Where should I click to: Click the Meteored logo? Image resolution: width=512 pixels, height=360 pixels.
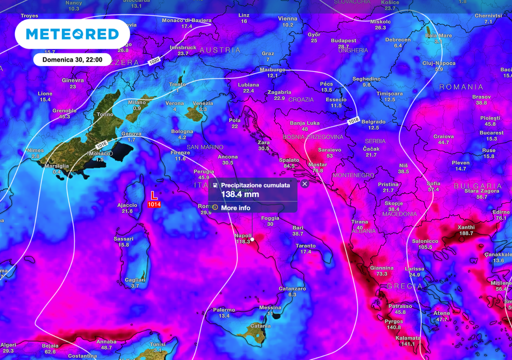pyautogui.click(x=72, y=34)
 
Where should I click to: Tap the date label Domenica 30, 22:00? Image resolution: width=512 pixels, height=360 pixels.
pyautogui.click(x=72, y=59)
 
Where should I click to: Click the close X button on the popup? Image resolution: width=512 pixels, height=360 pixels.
pyautogui.click(x=305, y=183)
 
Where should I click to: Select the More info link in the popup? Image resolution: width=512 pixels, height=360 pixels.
pyautogui.click(x=235, y=208)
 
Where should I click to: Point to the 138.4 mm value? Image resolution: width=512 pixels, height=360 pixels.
pyautogui.click(x=240, y=194)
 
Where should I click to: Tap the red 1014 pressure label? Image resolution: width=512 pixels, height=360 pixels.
pyautogui.click(x=154, y=204)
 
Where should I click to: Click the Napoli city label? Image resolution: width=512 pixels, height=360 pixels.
pyautogui.click(x=243, y=235)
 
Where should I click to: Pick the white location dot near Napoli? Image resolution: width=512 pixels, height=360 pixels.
pyautogui.click(x=252, y=239)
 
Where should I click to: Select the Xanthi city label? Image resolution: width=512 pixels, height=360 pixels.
pyautogui.click(x=465, y=227)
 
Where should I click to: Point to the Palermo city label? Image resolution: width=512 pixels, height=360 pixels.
pyautogui.click(x=223, y=309)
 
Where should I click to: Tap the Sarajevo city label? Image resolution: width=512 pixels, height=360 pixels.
pyautogui.click(x=329, y=149)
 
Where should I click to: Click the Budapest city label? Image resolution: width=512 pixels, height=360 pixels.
pyautogui.click(x=343, y=40)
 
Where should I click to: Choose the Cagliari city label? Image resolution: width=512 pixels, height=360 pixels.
pyautogui.click(x=135, y=279)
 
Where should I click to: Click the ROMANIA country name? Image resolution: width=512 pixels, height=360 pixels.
pyautogui.click(x=461, y=87)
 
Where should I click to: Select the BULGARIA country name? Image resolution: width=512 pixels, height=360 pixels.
pyautogui.click(x=477, y=185)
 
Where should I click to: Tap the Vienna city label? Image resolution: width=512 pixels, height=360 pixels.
pyautogui.click(x=287, y=18)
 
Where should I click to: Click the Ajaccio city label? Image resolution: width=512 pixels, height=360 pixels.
pyautogui.click(x=127, y=205)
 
